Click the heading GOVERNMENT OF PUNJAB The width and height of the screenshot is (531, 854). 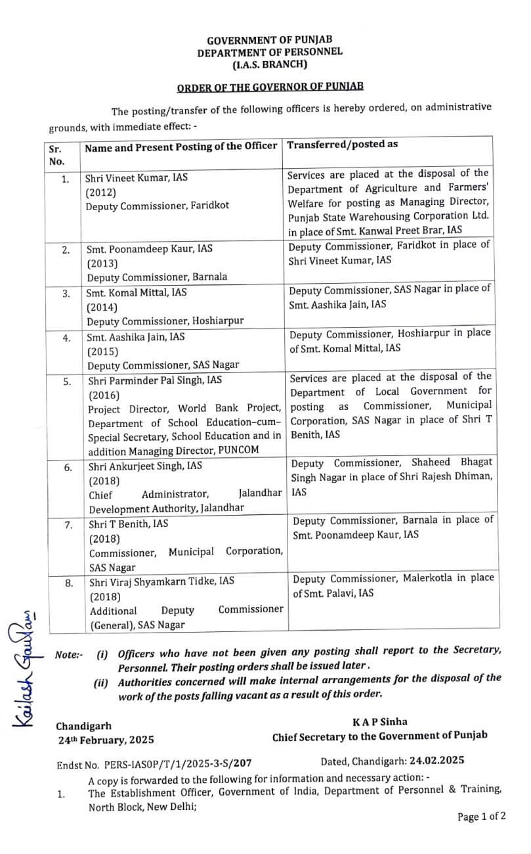(269, 39)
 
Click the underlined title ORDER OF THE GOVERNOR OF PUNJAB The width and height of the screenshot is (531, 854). (270, 87)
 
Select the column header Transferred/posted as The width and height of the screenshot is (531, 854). (343, 145)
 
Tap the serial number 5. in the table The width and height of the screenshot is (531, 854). (66, 380)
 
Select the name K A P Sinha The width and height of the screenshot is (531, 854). (379, 721)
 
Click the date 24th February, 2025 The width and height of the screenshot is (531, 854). (105, 740)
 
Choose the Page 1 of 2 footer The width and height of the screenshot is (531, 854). (482, 817)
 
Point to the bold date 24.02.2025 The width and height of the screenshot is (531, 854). (436, 761)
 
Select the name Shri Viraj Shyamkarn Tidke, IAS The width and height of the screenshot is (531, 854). (161, 581)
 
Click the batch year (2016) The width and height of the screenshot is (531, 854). (104, 395)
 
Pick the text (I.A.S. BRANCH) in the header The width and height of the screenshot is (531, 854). (269, 64)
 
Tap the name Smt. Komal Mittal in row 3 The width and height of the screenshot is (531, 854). (135, 294)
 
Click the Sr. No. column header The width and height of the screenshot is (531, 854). (57, 154)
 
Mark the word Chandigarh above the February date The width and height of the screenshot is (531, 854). (83, 726)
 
